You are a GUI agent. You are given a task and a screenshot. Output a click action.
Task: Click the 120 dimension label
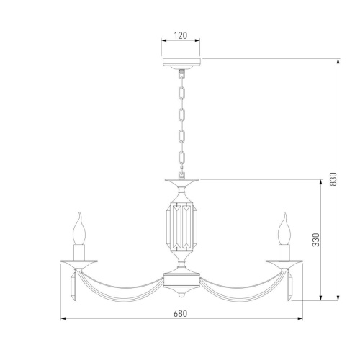181,35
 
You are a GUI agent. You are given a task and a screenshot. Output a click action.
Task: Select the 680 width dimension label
180,313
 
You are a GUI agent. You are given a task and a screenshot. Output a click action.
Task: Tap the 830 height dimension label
333,179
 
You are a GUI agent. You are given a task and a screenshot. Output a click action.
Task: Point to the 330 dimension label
316,240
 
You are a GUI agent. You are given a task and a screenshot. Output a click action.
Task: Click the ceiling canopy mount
181,63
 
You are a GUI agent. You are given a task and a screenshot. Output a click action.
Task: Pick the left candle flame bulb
79,228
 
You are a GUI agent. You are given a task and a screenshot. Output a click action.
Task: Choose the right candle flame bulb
284,228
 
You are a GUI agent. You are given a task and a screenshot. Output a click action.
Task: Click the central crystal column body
181,225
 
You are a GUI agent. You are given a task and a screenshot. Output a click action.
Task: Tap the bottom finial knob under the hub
181,294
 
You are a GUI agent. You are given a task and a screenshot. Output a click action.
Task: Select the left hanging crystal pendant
73,287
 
